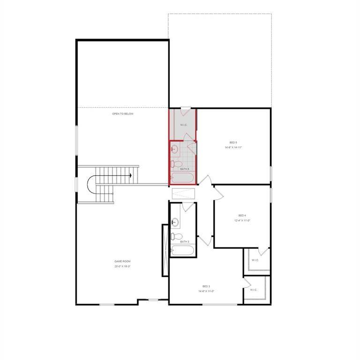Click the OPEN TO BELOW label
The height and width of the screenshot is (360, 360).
(x=122, y=114)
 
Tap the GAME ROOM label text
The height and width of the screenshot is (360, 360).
(x=122, y=261)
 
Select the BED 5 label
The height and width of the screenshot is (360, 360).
(x=233, y=142)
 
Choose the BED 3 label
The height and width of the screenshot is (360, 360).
(x=206, y=286)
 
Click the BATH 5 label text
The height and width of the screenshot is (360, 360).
(x=185, y=169)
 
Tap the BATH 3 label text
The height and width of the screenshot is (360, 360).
(x=185, y=242)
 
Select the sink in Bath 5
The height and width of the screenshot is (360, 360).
(x=174, y=150)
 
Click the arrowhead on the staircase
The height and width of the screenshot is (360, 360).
(x=130, y=175)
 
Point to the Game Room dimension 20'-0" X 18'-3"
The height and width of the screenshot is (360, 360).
(x=122, y=266)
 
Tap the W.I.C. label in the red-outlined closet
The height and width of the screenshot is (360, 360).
(x=184, y=125)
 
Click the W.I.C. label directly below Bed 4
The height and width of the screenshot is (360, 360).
(x=255, y=260)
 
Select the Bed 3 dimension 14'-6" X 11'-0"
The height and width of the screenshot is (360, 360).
(x=206, y=291)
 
